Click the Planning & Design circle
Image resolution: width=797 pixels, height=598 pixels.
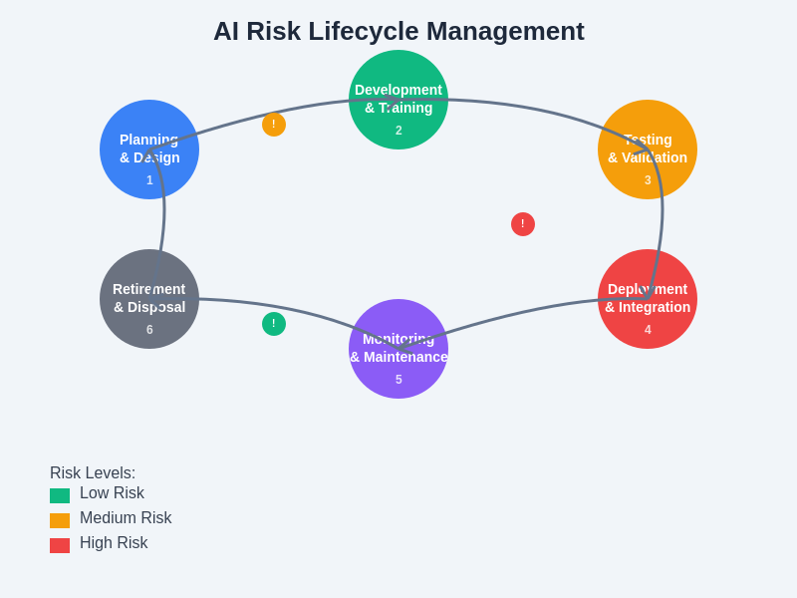(149, 149)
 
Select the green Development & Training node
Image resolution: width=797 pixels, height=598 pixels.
(398, 100)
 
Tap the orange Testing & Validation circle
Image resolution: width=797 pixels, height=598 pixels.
(648, 149)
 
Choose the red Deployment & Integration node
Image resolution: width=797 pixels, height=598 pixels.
(648, 299)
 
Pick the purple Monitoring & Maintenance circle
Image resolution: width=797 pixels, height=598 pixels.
(398, 349)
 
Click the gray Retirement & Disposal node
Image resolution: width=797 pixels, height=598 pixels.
(149, 299)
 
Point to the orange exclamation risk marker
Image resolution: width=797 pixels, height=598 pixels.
(274, 125)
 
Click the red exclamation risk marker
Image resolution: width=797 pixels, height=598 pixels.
(523, 224)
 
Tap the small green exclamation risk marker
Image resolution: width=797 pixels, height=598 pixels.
(274, 324)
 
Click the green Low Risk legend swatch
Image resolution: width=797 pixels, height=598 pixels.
(60, 495)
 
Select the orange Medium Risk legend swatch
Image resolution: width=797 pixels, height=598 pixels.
(60, 520)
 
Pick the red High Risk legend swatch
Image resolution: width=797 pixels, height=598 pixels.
(60, 545)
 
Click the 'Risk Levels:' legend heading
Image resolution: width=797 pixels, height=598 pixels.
(93, 473)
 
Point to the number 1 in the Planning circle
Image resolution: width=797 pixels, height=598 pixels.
(149, 180)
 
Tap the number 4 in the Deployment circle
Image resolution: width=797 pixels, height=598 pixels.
(648, 330)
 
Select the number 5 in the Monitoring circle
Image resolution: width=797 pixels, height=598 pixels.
(398, 380)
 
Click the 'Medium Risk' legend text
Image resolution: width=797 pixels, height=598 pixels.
(126, 518)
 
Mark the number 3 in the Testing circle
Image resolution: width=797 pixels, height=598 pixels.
(648, 180)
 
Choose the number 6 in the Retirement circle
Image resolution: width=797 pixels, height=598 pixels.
(149, 330)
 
